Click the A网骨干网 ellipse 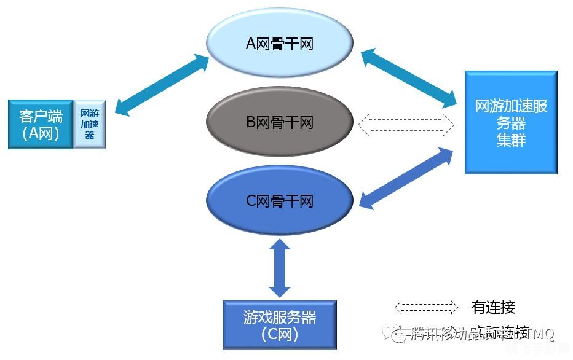pos(280,44)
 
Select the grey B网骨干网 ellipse pos(280,122)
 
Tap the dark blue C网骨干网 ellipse pos(280,201)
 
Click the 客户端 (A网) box pos(40,125)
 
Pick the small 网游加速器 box pos(90,124)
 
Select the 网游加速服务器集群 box pos(511,122)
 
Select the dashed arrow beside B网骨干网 pos(406,123)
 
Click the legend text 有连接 pos(493,307)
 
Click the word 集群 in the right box pos(511,139)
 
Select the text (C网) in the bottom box pos(279,335)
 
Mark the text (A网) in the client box pos(40,134)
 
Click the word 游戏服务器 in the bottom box pos(279,317)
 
